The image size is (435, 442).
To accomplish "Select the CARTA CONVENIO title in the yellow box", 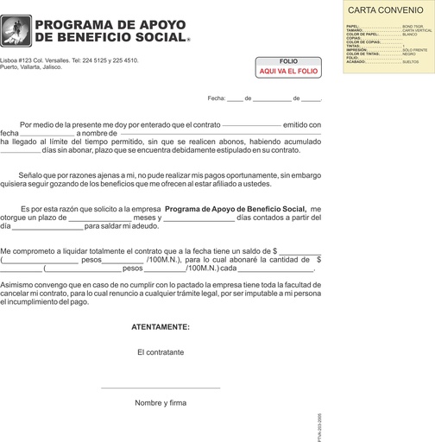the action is coord(384,9).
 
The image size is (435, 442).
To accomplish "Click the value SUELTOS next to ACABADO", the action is coord(411,63).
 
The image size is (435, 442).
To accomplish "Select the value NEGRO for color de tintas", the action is coord(410,54).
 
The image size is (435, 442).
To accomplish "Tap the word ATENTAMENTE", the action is coord(161,327).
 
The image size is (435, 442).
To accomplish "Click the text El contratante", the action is coord(161,352).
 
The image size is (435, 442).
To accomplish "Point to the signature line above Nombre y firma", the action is coord(161,388).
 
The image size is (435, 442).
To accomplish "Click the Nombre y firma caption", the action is coord(161,402).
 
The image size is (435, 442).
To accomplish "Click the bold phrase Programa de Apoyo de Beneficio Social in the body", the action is coord(236,209).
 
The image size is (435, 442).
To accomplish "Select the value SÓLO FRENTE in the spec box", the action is coord(416,49).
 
